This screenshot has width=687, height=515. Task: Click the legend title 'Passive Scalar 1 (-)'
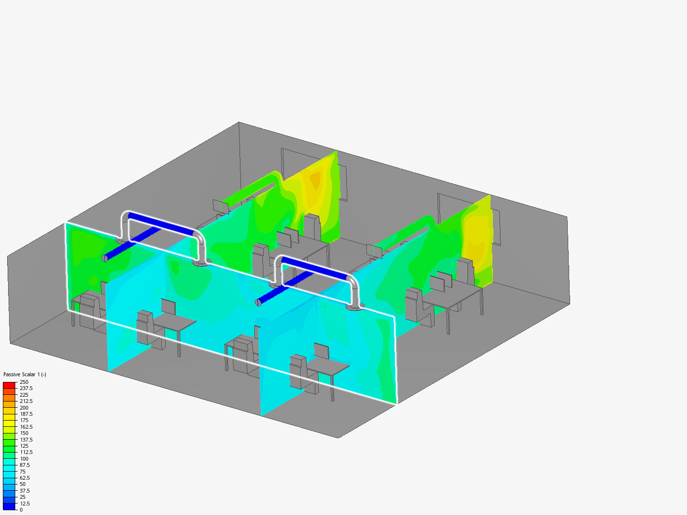25,374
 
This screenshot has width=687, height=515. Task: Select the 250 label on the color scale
24,382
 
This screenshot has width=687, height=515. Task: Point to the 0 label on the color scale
21,510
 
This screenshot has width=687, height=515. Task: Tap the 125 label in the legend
24,446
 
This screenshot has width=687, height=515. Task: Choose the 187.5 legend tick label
26,414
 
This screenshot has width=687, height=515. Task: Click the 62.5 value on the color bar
25,478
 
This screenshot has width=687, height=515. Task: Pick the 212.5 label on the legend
26,401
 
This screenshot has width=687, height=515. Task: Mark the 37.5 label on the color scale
25,491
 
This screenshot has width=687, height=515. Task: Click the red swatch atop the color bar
9,385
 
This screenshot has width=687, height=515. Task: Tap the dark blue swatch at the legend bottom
9,506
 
